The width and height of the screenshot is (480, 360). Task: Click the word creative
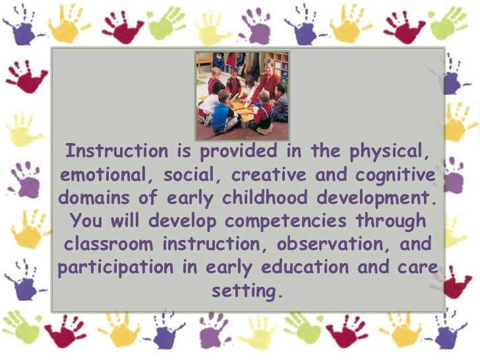(278, 175)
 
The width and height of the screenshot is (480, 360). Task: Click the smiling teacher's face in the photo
(269, 65)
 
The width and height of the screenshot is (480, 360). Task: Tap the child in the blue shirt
(220, 112)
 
